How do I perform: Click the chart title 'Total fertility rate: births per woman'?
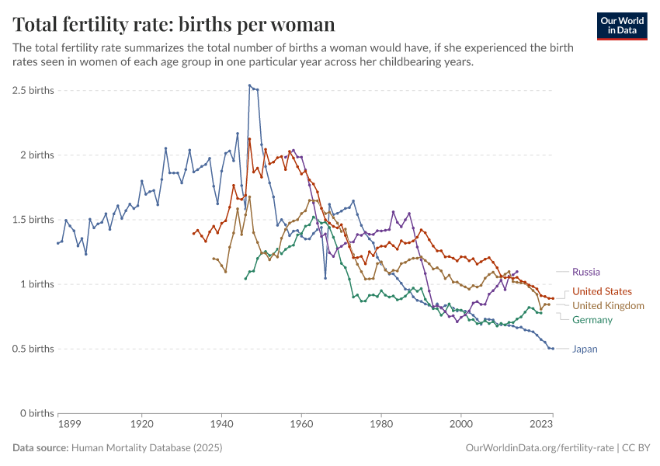pos(174,24)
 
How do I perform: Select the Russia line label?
pos(586,272)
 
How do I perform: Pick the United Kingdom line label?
pos(608,305)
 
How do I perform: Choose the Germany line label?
pos(592,320)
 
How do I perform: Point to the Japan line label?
pos(585,349)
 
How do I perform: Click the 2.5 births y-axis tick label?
pos(33,90)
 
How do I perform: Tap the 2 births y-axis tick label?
pos(36,155)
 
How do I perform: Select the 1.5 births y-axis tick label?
pos(33,219)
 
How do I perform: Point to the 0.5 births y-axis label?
pos(33,349)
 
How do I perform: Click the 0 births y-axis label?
pos(36,413)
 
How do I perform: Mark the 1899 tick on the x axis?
pos(58,425)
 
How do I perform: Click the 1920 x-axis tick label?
pos(141,425)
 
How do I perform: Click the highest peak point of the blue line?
pos(249,85)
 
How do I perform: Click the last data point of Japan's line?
pos(552,349)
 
